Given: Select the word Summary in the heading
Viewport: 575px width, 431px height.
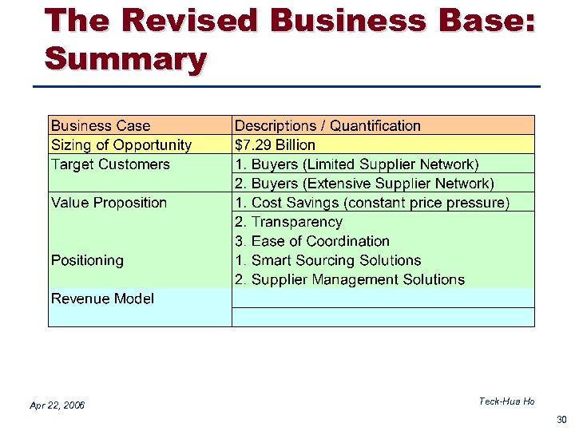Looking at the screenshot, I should pos(125,58).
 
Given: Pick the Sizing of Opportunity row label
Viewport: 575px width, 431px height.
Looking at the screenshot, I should pos(121,144).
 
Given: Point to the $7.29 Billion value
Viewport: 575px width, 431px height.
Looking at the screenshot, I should pos(275,144).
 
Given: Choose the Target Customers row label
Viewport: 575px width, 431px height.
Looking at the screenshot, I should pos(110,164).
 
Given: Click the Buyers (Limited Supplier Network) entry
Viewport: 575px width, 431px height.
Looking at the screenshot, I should pos(357,164).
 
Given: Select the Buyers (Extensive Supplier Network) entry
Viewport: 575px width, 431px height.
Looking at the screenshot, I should pos(364,184).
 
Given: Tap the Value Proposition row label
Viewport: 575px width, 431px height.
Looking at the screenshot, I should pos(109,203).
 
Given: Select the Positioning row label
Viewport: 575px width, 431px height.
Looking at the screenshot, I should pos(87,260).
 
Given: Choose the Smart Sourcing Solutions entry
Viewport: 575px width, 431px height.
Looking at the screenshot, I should pos(328,260).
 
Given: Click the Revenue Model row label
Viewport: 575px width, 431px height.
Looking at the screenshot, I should pos(102,299).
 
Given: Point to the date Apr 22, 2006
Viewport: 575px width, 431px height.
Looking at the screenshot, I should pos(57,405).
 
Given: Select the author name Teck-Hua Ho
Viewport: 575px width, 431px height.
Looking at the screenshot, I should pos(506,401).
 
